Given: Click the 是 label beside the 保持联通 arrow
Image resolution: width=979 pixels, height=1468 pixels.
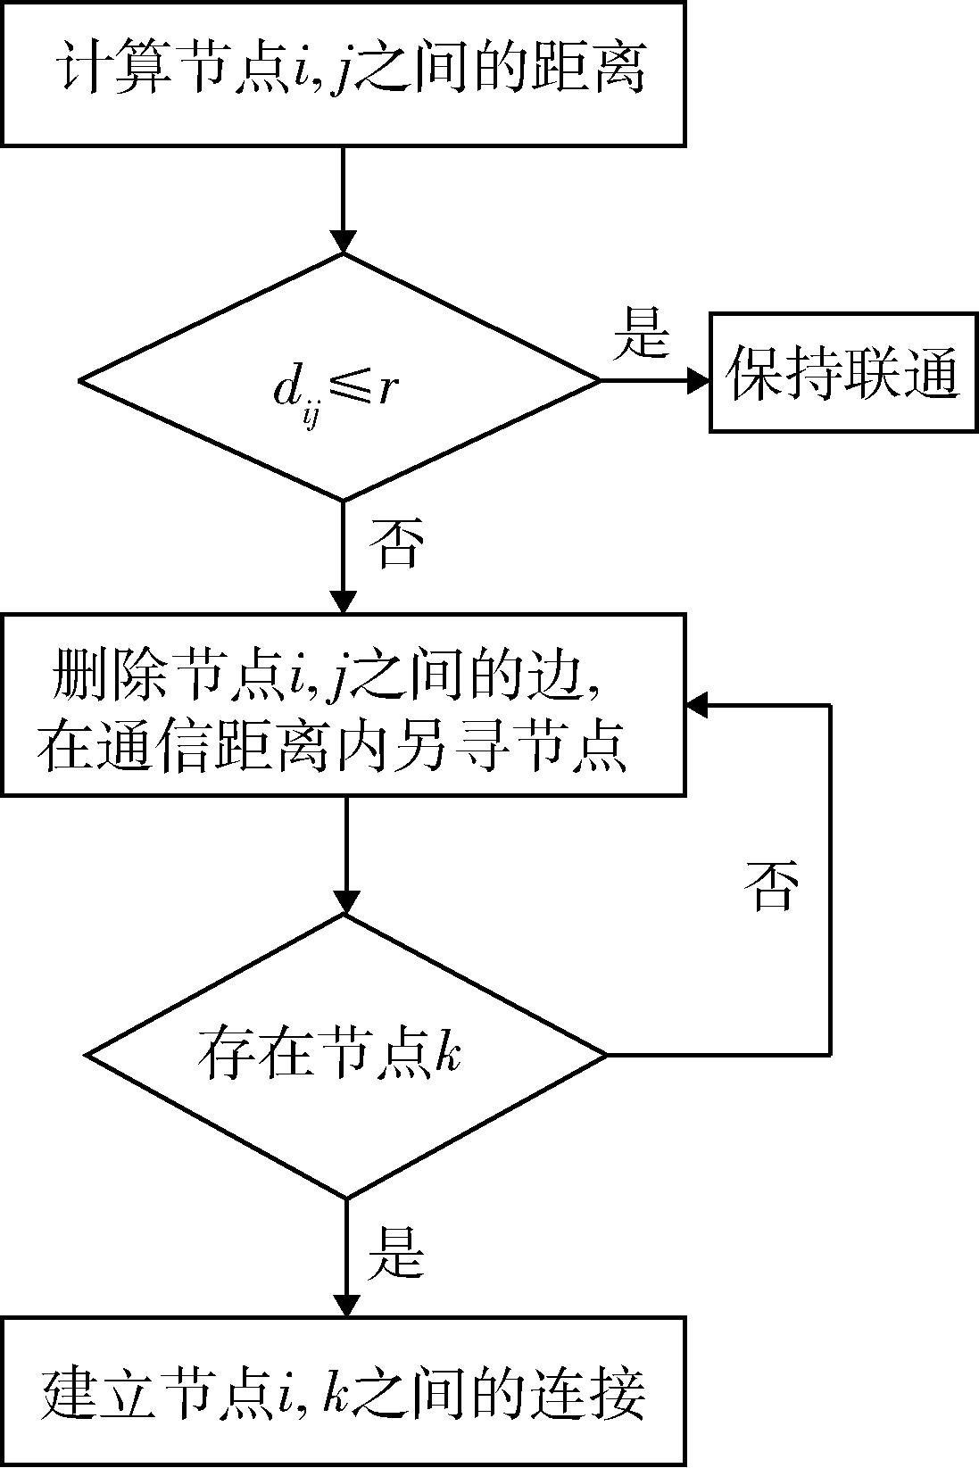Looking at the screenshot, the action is point(641,332).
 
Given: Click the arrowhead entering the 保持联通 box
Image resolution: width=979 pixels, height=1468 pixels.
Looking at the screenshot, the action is point(698,380).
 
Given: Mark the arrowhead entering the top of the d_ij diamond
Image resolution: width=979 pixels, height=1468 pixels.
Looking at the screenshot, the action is point(343,241).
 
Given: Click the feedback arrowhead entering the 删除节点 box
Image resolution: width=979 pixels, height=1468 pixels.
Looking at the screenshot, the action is point(699,705).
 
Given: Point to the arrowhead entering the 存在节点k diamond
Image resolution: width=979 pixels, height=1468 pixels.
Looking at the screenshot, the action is point(345,901).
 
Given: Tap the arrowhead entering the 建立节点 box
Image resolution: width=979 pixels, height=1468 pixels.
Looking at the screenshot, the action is point(345,1304).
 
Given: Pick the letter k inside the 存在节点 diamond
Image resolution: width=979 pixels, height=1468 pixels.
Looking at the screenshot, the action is point(450,1054).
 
